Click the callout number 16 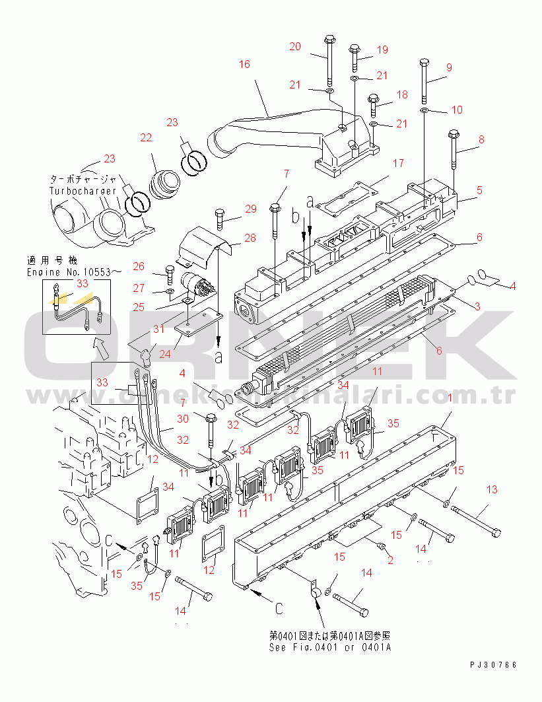[x=244, y=64]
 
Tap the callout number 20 [x=295, y=46]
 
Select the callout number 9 [x=449, y=67]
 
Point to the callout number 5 [x=480, y=190]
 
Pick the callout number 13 [x=491, y=489]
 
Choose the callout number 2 [x=390, y=560]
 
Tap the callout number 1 [x=450, y=398]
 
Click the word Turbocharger [x=83, y=191]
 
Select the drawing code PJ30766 [x=494, y=664]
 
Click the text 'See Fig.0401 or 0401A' [x=330, y=647]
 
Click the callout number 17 [x=397, y=162]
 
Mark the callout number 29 [x=250, y=209]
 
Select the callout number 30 [x=183, y=419]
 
